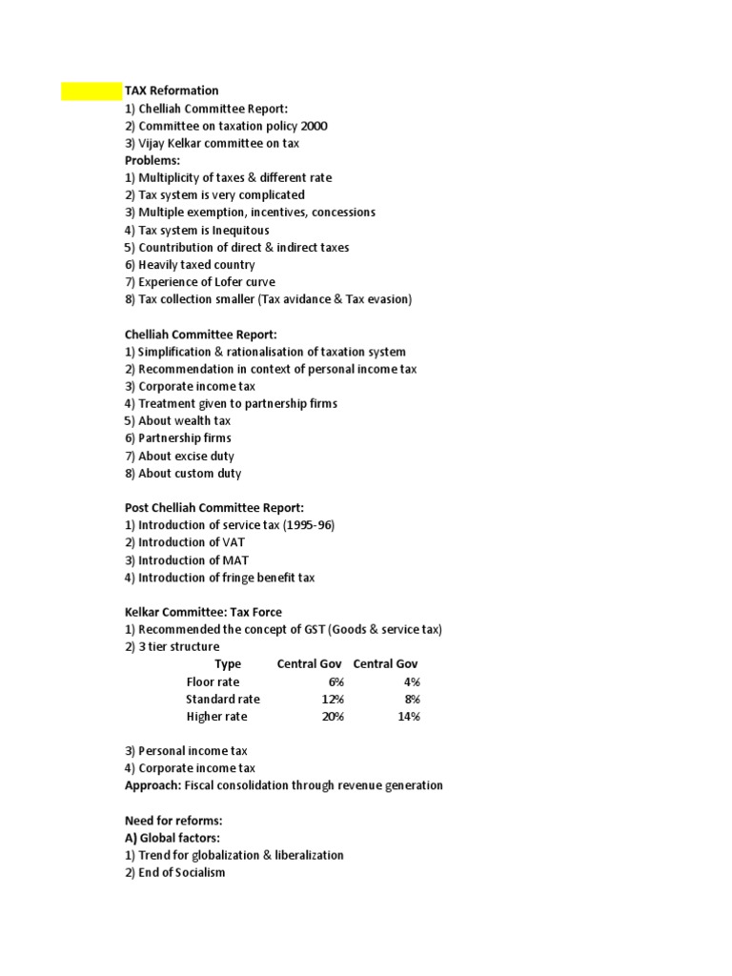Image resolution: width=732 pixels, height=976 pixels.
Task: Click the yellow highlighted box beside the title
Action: (91, 91)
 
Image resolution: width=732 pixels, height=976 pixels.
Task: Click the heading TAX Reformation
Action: (172, 91)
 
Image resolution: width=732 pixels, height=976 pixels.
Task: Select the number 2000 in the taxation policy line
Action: (315, 126)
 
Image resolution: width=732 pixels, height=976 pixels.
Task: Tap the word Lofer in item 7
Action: (228, 282)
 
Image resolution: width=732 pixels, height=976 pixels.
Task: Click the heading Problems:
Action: (152, 160)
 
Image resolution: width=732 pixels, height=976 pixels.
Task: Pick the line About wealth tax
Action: (177, 421)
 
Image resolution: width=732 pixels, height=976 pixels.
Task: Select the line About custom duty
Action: (183, 474)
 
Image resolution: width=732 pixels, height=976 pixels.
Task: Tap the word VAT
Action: (232, 543)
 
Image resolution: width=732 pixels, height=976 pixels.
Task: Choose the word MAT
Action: (234, 560)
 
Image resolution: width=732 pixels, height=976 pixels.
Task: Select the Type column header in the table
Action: (228, 664)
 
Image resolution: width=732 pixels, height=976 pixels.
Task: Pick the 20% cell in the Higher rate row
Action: (333, 717)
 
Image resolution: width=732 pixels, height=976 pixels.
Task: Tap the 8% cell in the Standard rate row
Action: (411, 700)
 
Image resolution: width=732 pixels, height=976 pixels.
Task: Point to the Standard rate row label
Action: (223, 700)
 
